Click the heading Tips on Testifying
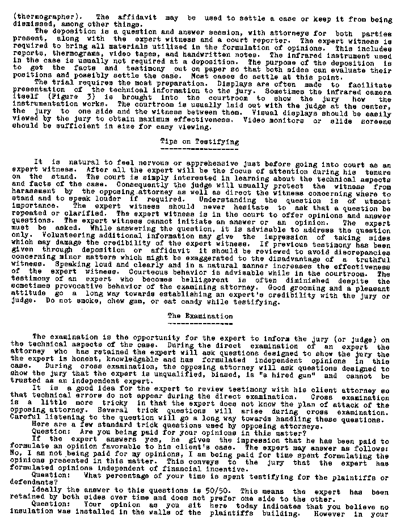click(x=200, y=141)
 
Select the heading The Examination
click(x=200, y=315)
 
